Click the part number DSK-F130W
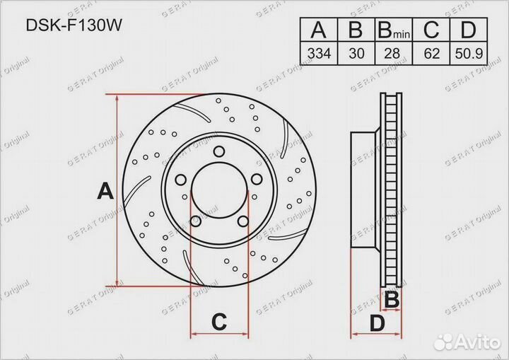coord(70,25)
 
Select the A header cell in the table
coord(320,30)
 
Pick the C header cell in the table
coord(432,30)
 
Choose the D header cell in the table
coord(468,30)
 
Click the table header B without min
coord(356,30)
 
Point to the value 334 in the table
coord(320,52)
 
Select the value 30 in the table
coord(356,52)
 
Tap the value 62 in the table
coord(432,52)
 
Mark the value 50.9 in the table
coord(468,52)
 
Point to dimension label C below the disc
coord(219,322)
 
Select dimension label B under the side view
coord(391,300)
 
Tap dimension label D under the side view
coord(377,323)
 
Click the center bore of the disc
coord(218,190)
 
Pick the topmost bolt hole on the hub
coord(218,151)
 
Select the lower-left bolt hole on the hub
coord(196,222)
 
